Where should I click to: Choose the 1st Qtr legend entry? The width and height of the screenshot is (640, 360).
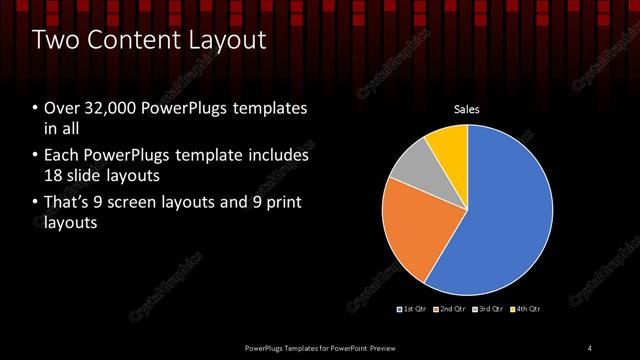tap(414, 309)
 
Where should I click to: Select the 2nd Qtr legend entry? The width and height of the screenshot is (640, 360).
tap(452, 309)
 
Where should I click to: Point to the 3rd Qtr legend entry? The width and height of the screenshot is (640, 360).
tap(490, 309)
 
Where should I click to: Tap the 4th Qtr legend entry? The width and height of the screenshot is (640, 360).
tap(526, 309)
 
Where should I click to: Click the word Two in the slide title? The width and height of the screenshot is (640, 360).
tap(57, 40)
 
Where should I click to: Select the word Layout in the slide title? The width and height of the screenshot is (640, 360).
tap(228, 40)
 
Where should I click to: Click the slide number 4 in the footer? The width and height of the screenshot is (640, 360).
tap(589, 347)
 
